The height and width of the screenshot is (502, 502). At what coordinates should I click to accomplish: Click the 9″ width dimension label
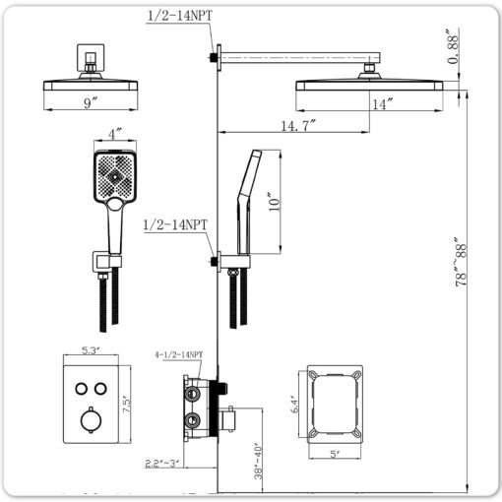tap(91, 103)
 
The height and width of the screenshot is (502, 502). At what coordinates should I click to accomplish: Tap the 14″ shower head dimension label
tap(382, 104)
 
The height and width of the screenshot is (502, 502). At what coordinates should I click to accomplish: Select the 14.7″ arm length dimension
tap(298, 126)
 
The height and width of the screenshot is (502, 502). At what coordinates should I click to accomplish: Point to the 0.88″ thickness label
tap(453, 46)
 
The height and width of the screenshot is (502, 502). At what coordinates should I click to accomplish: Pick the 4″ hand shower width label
tap(115, 134)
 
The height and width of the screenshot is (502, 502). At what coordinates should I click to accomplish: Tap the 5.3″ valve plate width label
tap(91, 350)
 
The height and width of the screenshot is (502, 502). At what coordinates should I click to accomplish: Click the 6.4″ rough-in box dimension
tap(294, 404)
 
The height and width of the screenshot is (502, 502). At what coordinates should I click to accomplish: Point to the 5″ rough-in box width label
tap(335, 454)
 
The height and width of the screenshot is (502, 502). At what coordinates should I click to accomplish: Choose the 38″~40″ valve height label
tap(258, 462)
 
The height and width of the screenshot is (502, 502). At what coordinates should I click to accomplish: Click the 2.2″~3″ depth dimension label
tap(161, 464)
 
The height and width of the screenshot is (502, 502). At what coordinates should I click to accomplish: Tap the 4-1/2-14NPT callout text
tap(179, 354)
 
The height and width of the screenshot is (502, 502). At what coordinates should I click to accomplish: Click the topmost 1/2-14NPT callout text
tap(180, 16)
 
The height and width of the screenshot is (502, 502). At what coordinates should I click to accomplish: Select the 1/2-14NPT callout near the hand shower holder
tap(175, 225)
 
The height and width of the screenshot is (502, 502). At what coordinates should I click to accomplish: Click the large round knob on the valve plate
tap(91, 420)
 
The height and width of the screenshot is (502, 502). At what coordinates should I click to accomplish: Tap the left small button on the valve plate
tap(81, 389)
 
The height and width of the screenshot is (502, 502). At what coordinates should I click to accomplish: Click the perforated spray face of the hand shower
tap(115, 175)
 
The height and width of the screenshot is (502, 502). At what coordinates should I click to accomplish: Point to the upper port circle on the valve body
tap(192, 393)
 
